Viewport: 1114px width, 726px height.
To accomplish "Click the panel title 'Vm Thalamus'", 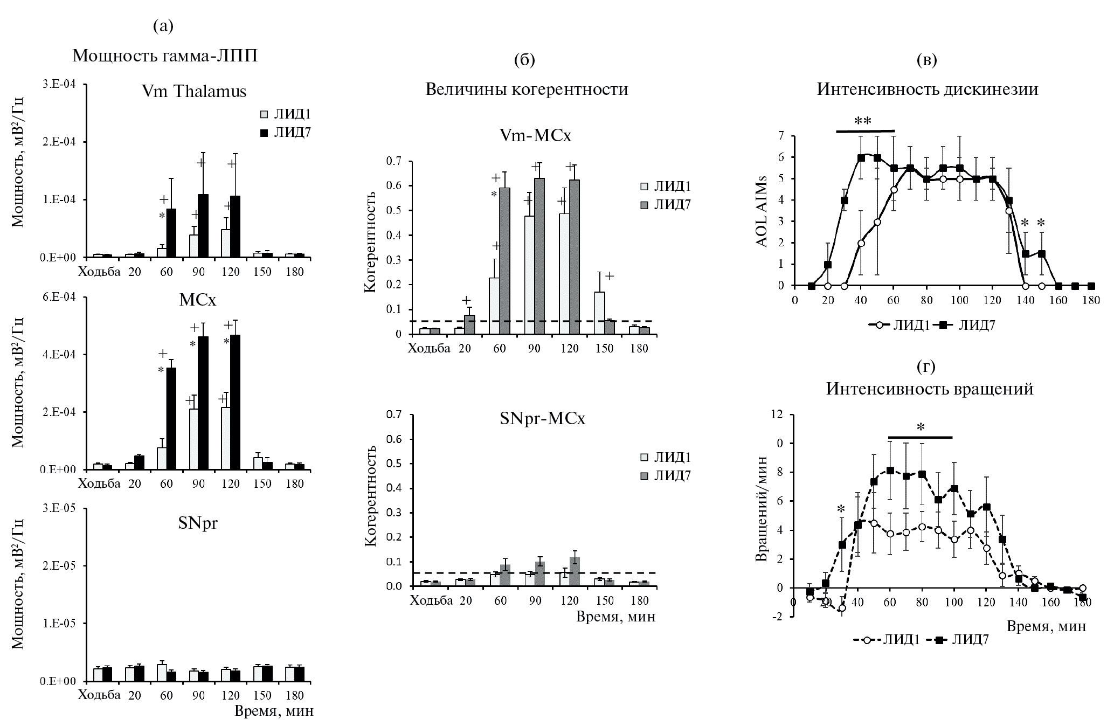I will coord(194,92).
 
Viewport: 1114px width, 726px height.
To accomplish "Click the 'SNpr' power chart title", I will coord(198,523).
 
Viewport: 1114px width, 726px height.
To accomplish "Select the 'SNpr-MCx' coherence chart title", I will coord(542,419).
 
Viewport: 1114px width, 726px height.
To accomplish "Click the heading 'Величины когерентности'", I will coord(527,89).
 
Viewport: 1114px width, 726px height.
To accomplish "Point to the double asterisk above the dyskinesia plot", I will coord(863,122).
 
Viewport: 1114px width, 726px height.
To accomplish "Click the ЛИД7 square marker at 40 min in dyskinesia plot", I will coord(861,158).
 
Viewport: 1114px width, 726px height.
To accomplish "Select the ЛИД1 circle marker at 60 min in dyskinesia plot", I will coord(894,190).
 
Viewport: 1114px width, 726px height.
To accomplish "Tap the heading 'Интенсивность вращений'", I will coord(930,389).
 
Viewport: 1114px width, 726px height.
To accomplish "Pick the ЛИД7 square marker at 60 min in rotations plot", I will coord(890,471).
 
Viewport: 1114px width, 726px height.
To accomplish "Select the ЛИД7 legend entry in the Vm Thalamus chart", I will coord(286,133).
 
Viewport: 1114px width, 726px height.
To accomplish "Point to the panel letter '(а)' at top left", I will coord(163,26).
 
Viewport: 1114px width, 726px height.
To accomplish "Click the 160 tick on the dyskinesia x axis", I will coord(1058,300).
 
